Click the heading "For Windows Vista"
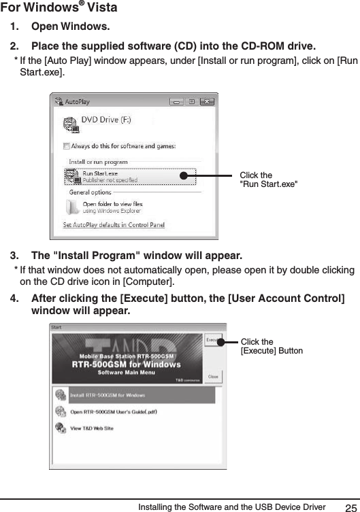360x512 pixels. [59, 8]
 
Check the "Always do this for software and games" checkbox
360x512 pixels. [67, 146]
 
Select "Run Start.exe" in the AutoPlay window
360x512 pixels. [100, 173]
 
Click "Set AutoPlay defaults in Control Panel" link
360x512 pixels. [114, 225]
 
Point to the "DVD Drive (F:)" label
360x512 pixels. [107, 120]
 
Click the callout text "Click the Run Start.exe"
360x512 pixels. [269, 180]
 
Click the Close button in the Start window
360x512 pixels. [213, 377]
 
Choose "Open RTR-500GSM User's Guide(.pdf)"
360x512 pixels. [114, 411]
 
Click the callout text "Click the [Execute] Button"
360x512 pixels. [272, 346]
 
